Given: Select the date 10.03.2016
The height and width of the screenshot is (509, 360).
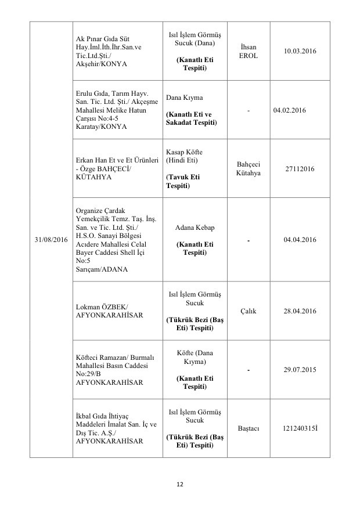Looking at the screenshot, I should pos(300,52).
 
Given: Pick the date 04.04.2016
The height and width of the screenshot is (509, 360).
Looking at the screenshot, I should pos(300,240).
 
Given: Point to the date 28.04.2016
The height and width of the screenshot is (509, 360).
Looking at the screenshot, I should pos(300,311).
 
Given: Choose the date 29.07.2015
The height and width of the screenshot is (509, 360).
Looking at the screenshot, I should pos(300,369).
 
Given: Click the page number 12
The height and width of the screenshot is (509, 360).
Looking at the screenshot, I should pos(180,485).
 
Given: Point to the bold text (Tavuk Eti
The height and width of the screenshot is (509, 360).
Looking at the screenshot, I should pos(185,176).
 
